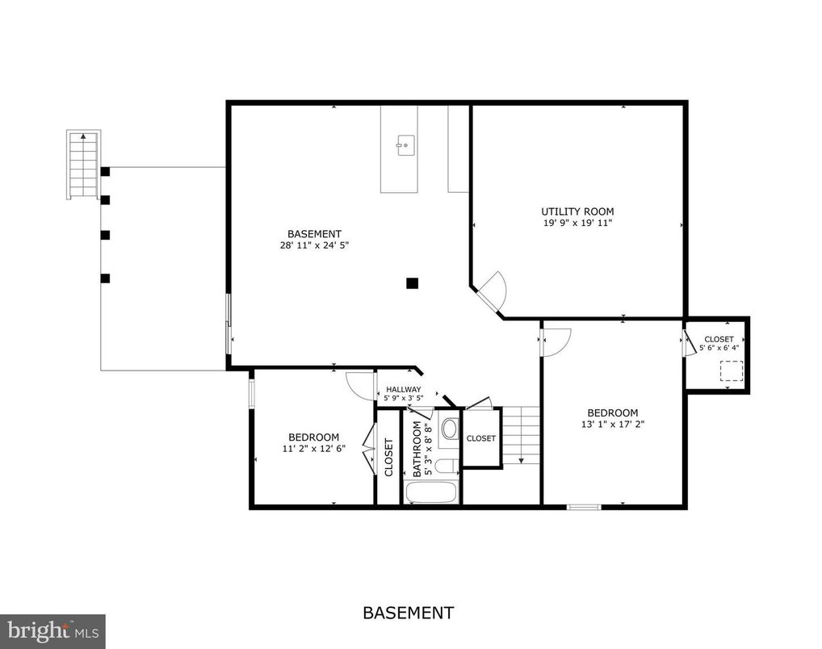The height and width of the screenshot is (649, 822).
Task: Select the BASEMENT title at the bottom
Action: [x=408, y=613]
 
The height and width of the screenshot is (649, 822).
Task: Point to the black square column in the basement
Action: [x=412, y=283]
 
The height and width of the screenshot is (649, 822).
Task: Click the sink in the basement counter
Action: [x=405, y=147]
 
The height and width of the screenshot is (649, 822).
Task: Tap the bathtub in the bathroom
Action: [x=431, y=492]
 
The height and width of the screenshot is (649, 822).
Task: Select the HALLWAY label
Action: [x=403, y=389]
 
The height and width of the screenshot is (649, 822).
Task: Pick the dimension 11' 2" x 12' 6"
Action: [x=313, y=449]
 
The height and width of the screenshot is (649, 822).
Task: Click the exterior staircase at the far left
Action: [x=84, y=165]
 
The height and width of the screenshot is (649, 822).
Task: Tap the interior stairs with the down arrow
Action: [x=521, y=436]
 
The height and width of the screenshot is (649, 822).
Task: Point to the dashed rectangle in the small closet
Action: [x=731, y=371]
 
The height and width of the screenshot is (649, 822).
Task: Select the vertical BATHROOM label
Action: [x=417, y=450]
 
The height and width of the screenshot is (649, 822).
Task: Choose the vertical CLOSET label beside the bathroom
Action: [x=389, y=457]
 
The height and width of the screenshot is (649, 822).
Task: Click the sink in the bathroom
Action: [x=450, y=428]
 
